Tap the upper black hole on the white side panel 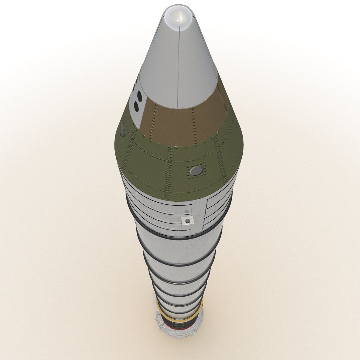coord(139,96)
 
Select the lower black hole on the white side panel coord(136,106)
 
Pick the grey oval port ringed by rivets coord(197,171)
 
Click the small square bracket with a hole coord(188,221)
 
